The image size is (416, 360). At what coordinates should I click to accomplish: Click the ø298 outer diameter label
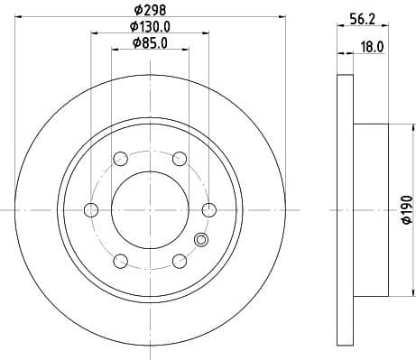click(x=150, y=10)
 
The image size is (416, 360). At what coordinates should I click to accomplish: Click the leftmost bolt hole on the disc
click(x=90, y=210)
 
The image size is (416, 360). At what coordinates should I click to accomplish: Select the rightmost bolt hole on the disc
click(x=209, y=210)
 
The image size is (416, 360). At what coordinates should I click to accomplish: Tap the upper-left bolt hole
click(x=120, y=159)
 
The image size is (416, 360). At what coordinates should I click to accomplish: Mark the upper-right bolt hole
click(x=179, y=159)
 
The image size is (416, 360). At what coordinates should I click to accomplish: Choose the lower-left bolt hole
click(x=120, y=262)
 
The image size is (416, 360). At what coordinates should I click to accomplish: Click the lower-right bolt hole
click(x=179, y=262)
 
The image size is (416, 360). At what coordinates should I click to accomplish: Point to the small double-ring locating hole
click(x=201, y=239)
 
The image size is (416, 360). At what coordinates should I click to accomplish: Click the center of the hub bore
click(x=150, y=210)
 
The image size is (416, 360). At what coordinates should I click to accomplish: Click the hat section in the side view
click(x=369, y=210)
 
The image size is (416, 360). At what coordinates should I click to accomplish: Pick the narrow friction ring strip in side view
click(x=344, y=210)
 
